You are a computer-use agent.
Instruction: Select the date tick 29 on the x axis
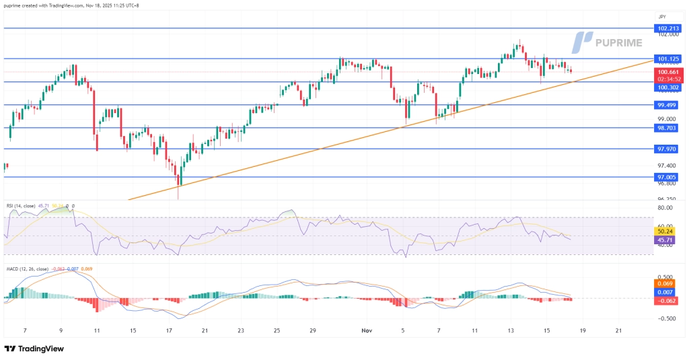point(312,331)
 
